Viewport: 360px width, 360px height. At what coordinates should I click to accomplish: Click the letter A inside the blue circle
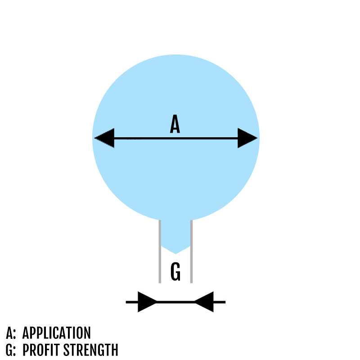point(175,124)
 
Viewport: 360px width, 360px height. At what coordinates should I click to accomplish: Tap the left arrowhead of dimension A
point(104,138)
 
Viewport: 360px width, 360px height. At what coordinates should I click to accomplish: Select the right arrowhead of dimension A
point(247,138)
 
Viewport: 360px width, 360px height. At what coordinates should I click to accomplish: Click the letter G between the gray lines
point(175,272)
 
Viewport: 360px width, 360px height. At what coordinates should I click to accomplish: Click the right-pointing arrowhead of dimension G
point(147,301)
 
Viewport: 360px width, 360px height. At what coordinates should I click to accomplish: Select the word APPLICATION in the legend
point(56,333)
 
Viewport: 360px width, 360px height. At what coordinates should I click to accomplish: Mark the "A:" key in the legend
point(11,333)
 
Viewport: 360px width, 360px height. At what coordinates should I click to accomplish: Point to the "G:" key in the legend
point(11,350)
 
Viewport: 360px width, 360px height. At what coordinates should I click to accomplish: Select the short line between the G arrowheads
point(175,301)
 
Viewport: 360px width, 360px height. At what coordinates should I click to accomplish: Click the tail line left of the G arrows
point(131,301)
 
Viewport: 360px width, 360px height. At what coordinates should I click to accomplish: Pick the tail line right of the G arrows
point(219,301)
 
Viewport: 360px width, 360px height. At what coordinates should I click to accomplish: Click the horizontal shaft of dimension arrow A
point(175,138)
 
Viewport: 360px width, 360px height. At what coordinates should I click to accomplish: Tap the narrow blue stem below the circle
point(175,234)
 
